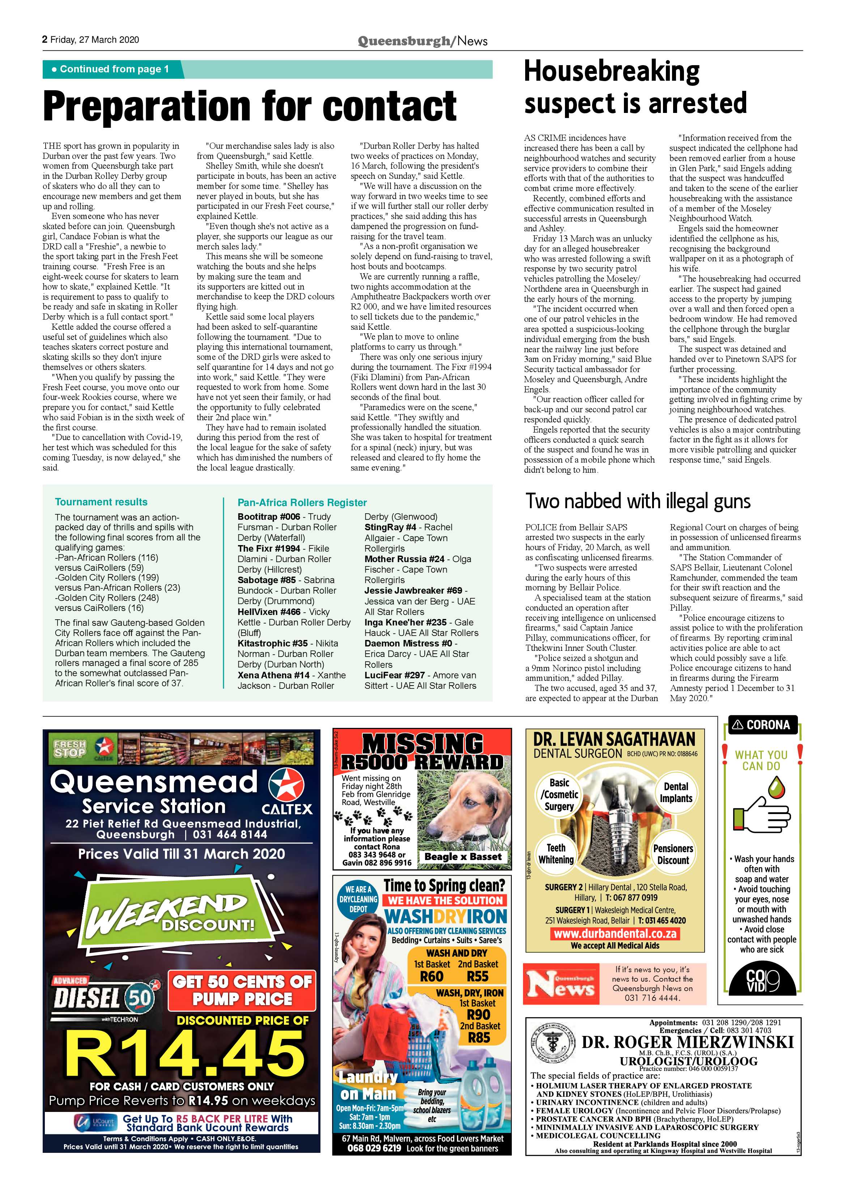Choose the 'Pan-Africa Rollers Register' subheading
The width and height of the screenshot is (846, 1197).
pos(302,502)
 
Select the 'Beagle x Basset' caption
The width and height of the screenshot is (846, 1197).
pos(463,856)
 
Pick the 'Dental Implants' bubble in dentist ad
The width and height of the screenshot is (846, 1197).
pos(676,792)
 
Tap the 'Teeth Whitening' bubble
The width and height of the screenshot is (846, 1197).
pos(556,854)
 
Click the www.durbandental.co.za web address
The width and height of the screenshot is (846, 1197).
pos(615,933)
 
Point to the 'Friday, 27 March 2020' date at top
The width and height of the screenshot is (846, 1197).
pos(94,39)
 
